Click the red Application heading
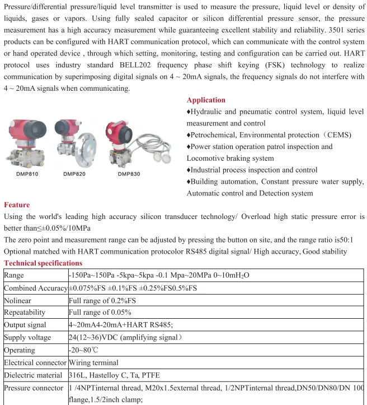click(206, 100)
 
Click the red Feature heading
click(17, 205)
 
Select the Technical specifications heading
click(43, 263)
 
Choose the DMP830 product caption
click(129, 174)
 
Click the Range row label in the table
click(14, 276)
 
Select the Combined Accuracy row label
click(35, 288)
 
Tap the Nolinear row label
click(18, 300)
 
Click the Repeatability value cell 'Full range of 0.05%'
click(100, 313)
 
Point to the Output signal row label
click(25, 325)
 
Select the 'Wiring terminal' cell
click(93, 362)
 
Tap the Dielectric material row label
click(34, 375)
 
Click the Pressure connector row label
click(34, 388)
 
